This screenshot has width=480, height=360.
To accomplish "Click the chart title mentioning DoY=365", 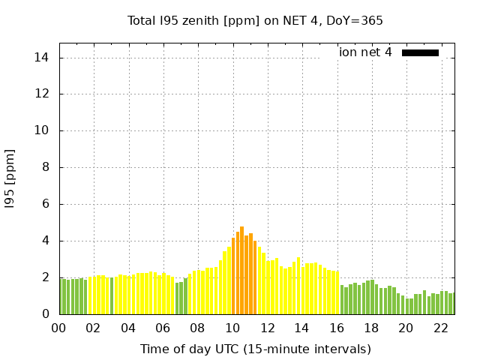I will pos(255,21).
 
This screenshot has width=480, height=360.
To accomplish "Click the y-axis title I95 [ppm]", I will pos(10,178).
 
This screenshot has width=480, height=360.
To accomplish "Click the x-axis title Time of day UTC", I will pos(256,349).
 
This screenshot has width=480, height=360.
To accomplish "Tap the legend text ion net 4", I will pos(365,52).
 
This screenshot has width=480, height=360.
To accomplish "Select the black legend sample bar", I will pos(420,52).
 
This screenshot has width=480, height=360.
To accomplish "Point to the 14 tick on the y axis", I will pos(43,58).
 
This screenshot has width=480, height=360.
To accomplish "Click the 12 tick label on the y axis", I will pos(43,94).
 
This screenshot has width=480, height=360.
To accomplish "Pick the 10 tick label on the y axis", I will pos(43,130).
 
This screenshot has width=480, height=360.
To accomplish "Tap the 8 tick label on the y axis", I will pos(46,167).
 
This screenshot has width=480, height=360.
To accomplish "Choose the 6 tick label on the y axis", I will pos(46,204).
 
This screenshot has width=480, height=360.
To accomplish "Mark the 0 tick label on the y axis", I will pos(46,314).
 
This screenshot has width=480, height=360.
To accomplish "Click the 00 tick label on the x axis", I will pos(58,328).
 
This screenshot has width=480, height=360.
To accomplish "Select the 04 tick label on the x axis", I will pos(128,328).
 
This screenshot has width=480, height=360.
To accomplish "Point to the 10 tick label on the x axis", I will pos(232,328).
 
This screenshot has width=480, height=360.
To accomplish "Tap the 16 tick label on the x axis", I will pos(337,328).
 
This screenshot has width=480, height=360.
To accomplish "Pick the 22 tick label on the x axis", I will pos(441,328).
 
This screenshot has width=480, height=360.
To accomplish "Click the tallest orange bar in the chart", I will pos(241,270).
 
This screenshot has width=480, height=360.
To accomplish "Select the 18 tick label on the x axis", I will pos(371,328).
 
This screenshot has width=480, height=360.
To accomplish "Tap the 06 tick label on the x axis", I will pos(163,328).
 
